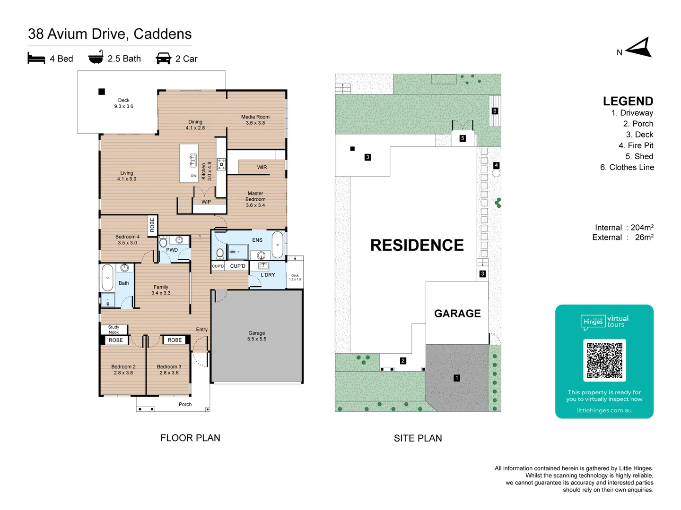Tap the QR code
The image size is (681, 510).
(604, 360)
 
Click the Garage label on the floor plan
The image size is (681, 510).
(257, 336)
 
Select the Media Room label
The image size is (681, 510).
(255, 119)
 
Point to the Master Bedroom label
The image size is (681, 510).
(255, 199)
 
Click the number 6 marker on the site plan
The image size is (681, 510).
(495, 111)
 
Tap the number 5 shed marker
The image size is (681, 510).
(463, 138)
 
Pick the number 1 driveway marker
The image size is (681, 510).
(457, 378)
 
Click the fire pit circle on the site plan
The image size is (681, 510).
(496, 173)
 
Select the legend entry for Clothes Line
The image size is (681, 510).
(627, 167)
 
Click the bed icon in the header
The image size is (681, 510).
(36, 58)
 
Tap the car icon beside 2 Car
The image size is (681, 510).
(164, 58)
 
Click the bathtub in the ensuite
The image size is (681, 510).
(278, 245)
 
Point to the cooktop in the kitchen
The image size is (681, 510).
(221, 164)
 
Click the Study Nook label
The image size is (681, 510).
(113, 330)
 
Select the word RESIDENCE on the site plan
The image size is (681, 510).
(417, 245)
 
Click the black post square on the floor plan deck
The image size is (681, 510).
(102, 92)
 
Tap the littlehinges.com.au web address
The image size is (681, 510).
(604, 410)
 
